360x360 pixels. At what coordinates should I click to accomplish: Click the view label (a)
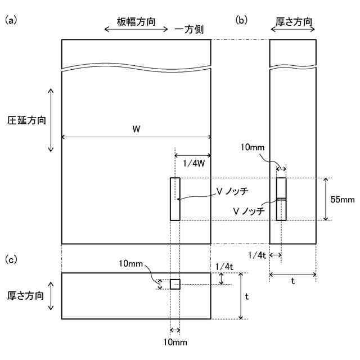pos(12,21)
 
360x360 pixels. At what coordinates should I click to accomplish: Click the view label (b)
pos(241,21)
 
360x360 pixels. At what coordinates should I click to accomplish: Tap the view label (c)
pos(12,260)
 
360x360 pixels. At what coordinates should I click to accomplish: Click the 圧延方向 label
pos(26,120)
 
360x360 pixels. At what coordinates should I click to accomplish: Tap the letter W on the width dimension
pos(136,129)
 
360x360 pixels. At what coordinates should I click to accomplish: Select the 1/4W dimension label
pos(192,164)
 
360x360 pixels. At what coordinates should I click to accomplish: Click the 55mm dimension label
pos(342,199)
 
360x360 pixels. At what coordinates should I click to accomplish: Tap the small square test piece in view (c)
pos(175,284)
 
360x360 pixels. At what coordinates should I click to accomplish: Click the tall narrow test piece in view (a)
pos(175,199)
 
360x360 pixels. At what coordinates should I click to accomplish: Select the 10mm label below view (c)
pos(175,341)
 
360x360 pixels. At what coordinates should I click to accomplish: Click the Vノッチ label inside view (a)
pos(232,191)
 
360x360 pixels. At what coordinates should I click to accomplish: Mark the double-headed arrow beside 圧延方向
pos(51,120)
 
